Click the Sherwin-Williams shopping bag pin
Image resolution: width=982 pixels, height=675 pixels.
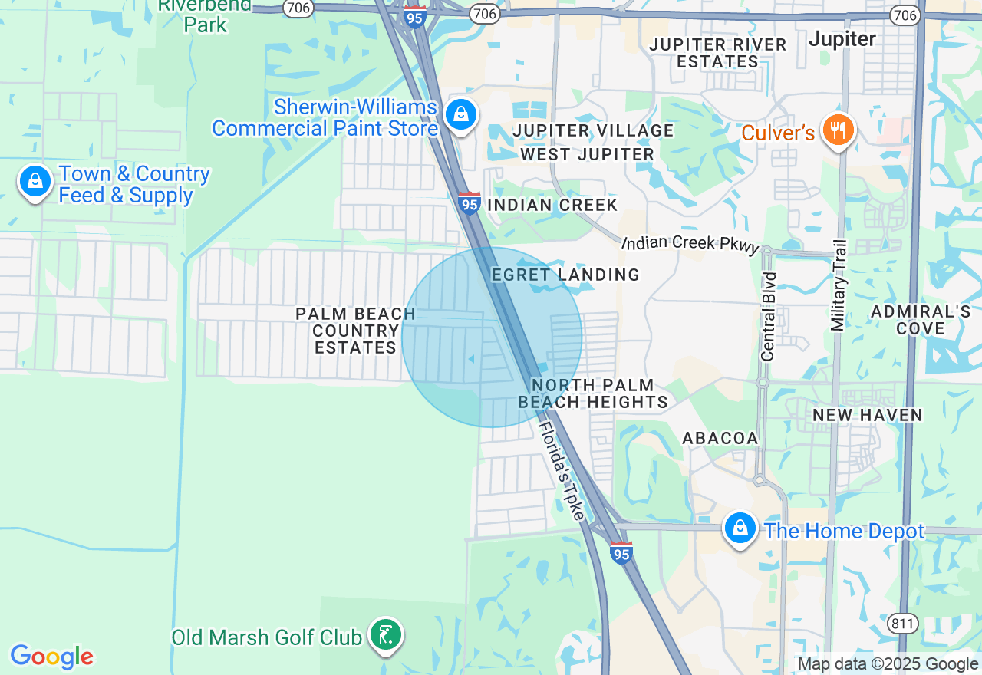pos(460,115)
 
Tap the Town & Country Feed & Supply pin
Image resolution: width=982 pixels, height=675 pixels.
pos(35,182)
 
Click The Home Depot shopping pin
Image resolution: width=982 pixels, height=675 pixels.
pos(740,528)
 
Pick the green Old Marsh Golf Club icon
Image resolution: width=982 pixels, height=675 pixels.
pos(386,634)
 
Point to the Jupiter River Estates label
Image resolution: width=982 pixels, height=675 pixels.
pos(717,53)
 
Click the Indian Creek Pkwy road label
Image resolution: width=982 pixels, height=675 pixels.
pos(690,243)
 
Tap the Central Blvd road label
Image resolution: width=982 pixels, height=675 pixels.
pos(768,315)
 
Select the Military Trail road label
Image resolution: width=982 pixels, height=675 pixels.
pos(839,285)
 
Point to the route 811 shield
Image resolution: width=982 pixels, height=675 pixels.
pos(903,624)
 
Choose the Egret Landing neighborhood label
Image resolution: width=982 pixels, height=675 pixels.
pos(565,275)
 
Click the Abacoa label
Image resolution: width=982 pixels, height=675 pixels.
pos(720,438)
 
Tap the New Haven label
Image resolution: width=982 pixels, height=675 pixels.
pos(867,415)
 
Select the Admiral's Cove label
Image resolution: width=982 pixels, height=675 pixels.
pos(921,320)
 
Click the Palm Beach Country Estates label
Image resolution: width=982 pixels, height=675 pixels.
pos(356,331)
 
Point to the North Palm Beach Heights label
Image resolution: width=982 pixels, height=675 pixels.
pos(593,393)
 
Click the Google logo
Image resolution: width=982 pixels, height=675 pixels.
pos(51,657)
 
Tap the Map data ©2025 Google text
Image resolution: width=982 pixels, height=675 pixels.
pos(888,664)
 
